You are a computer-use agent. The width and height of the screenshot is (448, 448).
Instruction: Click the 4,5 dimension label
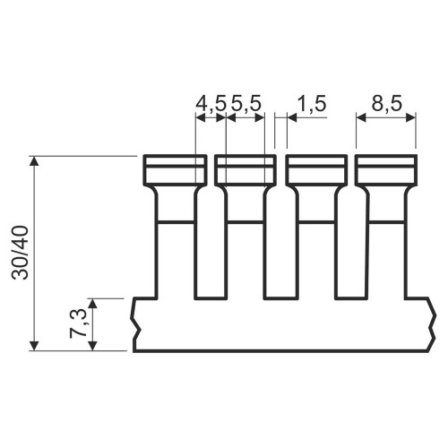211,104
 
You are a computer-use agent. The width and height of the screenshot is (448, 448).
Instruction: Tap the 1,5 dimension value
312,104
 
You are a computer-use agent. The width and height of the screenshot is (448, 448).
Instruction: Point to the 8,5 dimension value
387,104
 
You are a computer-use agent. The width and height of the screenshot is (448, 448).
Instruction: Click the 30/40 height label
20,253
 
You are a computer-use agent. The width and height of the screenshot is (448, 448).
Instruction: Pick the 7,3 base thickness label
78,323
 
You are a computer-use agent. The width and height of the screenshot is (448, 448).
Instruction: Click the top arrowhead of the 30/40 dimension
35,160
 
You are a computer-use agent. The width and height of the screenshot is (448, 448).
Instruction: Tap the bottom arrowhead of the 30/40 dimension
35,346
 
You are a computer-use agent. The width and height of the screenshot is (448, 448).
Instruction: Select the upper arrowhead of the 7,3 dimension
93,303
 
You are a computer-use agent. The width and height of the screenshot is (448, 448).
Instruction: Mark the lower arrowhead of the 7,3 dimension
93,346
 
